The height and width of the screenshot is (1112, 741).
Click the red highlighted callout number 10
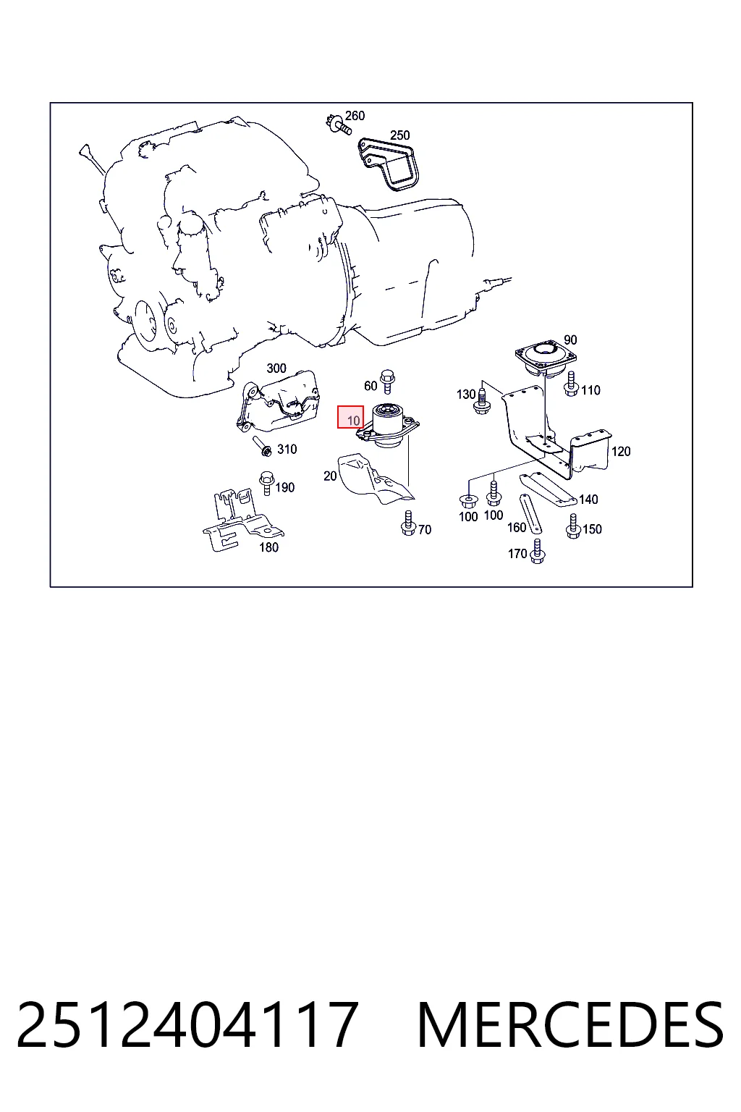(x=350, y=417)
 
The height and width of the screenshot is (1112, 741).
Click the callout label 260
(x=355, y=116)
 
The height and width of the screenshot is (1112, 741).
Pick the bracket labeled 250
(x=389, y=164)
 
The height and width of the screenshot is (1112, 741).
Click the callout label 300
(x=276, y=368)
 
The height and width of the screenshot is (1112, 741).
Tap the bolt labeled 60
(x=387, y=382)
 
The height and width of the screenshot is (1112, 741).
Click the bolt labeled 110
(x=571, y=384)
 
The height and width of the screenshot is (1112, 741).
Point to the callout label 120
(x=621, y=451)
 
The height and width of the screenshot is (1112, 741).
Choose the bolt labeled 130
(x=483, y=402)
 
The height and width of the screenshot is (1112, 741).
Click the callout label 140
(x=588, y=500)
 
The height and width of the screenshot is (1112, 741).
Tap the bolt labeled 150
(x=573, y=527)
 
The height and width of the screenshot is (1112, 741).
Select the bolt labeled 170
(x=538, y=552)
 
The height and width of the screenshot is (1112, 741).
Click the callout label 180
(x=268, y=547)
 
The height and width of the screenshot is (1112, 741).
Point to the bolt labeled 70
(x=408, y=523)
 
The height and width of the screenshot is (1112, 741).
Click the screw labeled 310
(x=262, y=446)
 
